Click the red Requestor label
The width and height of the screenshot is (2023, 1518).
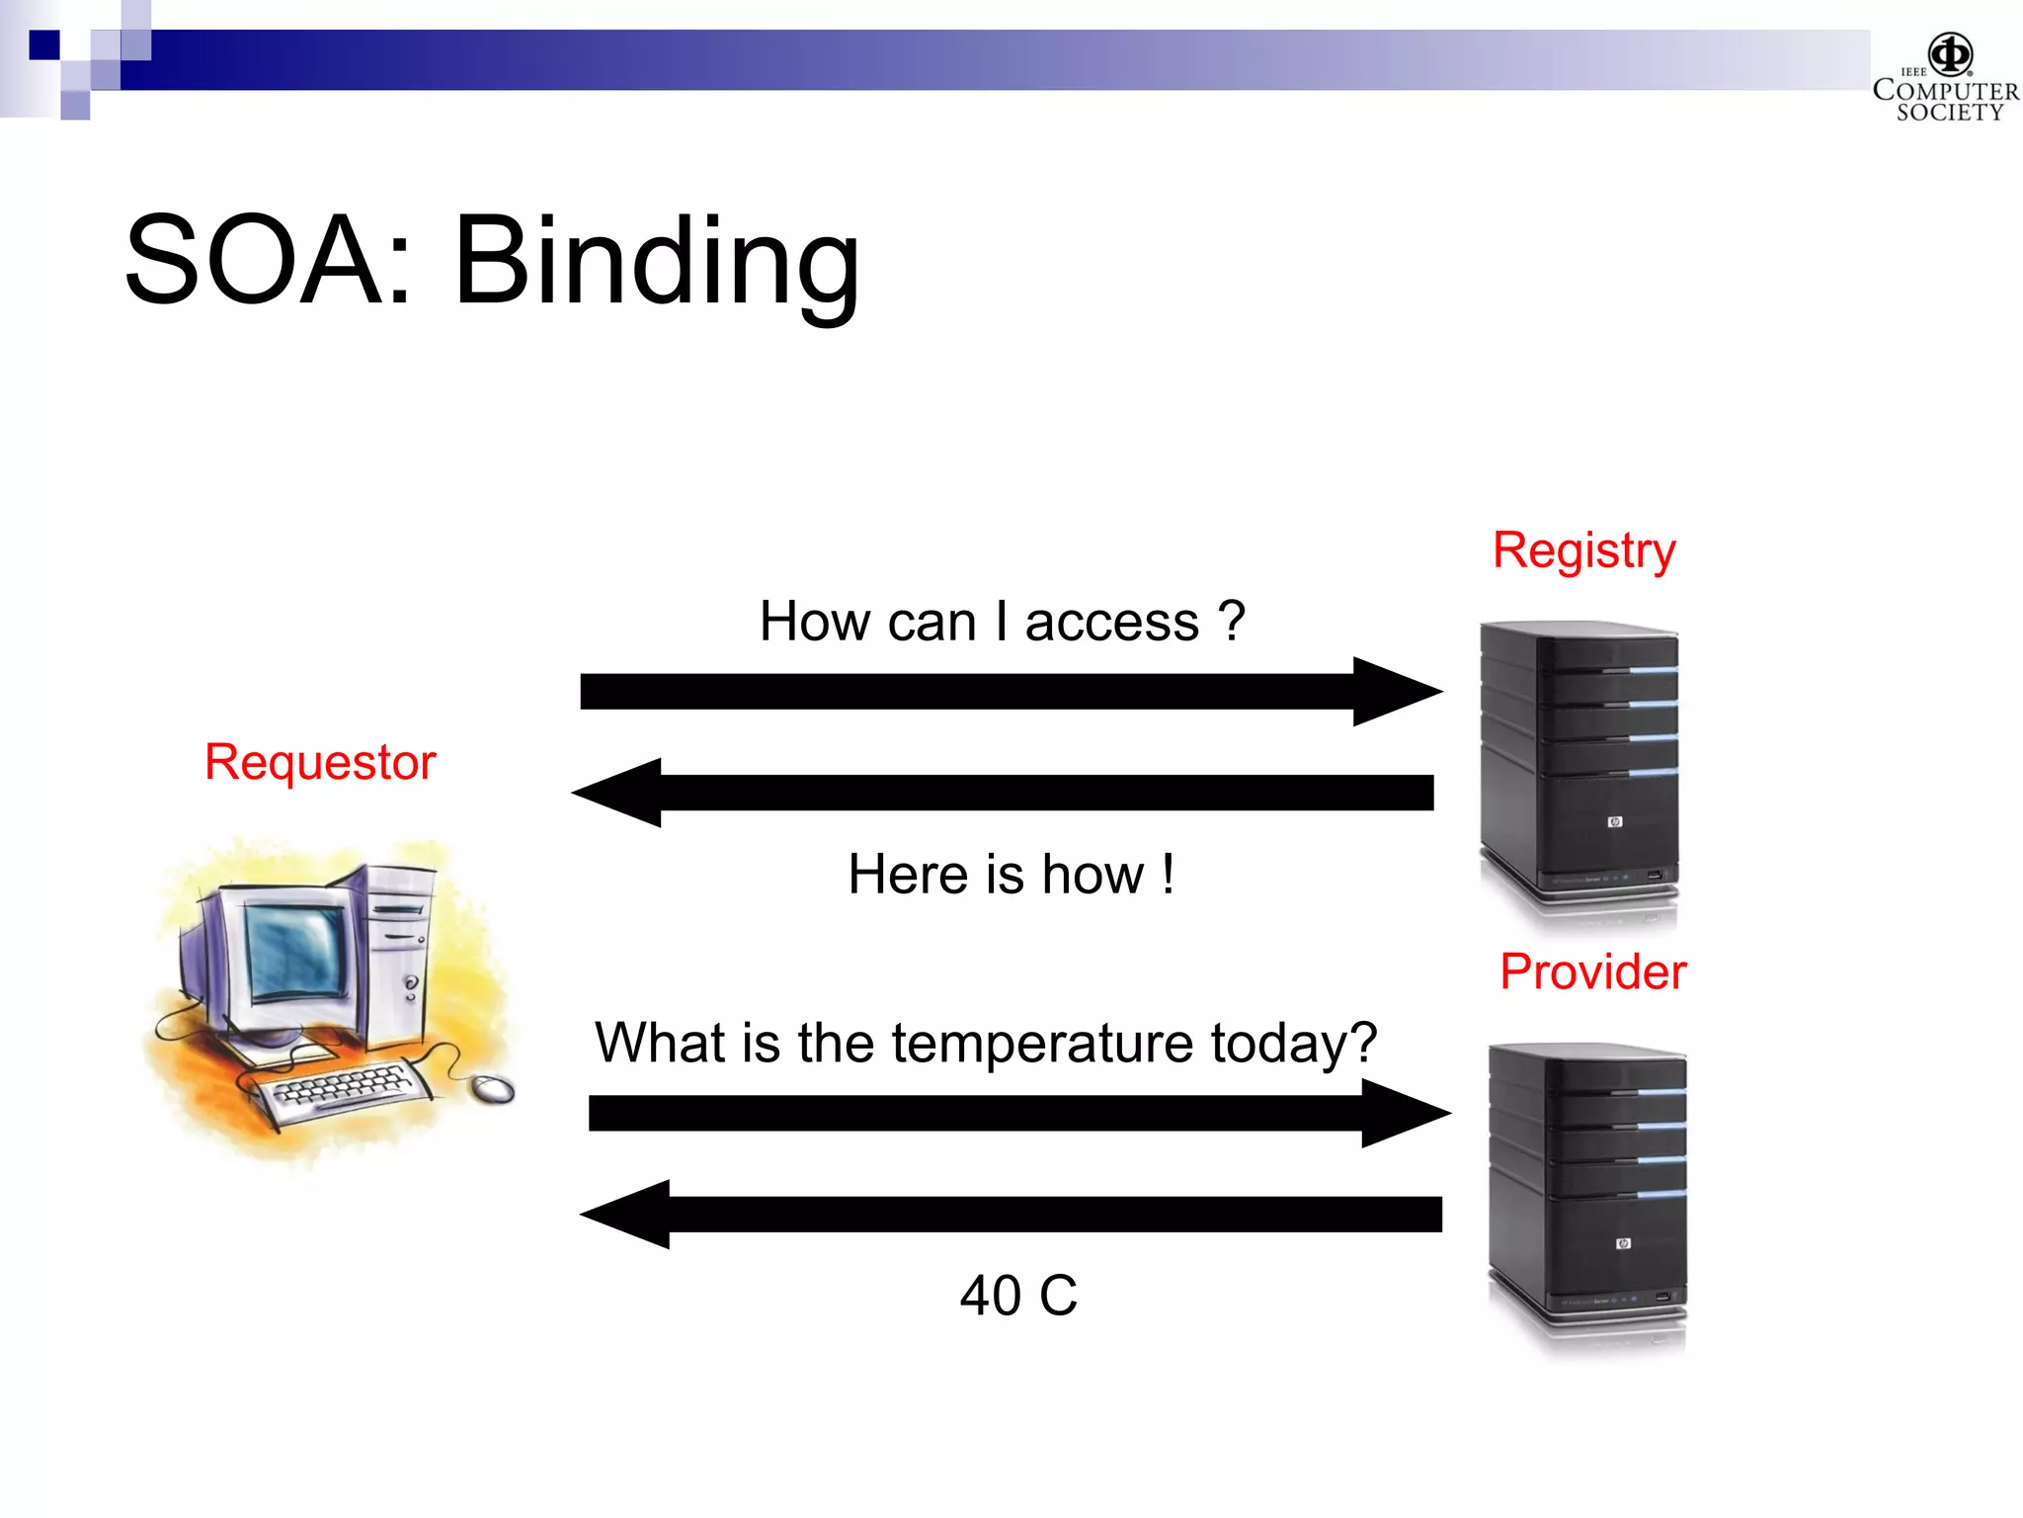pos(320,763)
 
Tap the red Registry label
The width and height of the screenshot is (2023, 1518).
pos(1583,550)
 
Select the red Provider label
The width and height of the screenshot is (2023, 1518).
pos(1592,971)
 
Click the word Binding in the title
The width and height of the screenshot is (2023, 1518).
pos(656,261)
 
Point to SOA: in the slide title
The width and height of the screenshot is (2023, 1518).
pos(268,261)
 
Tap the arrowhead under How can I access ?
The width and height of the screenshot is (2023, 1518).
pos(1395,692)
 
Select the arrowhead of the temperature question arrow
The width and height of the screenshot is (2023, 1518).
pos(1403,1113)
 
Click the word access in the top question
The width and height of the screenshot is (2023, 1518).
pos(1111,623)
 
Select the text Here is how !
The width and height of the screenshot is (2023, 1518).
pos(1011,875)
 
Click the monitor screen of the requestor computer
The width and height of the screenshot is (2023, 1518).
pos(295,950)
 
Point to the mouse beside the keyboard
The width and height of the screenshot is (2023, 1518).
pos(493,1088)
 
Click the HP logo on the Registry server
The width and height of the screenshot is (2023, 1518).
pos(1615,821)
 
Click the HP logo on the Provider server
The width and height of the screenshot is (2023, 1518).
pos(1623,1243)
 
